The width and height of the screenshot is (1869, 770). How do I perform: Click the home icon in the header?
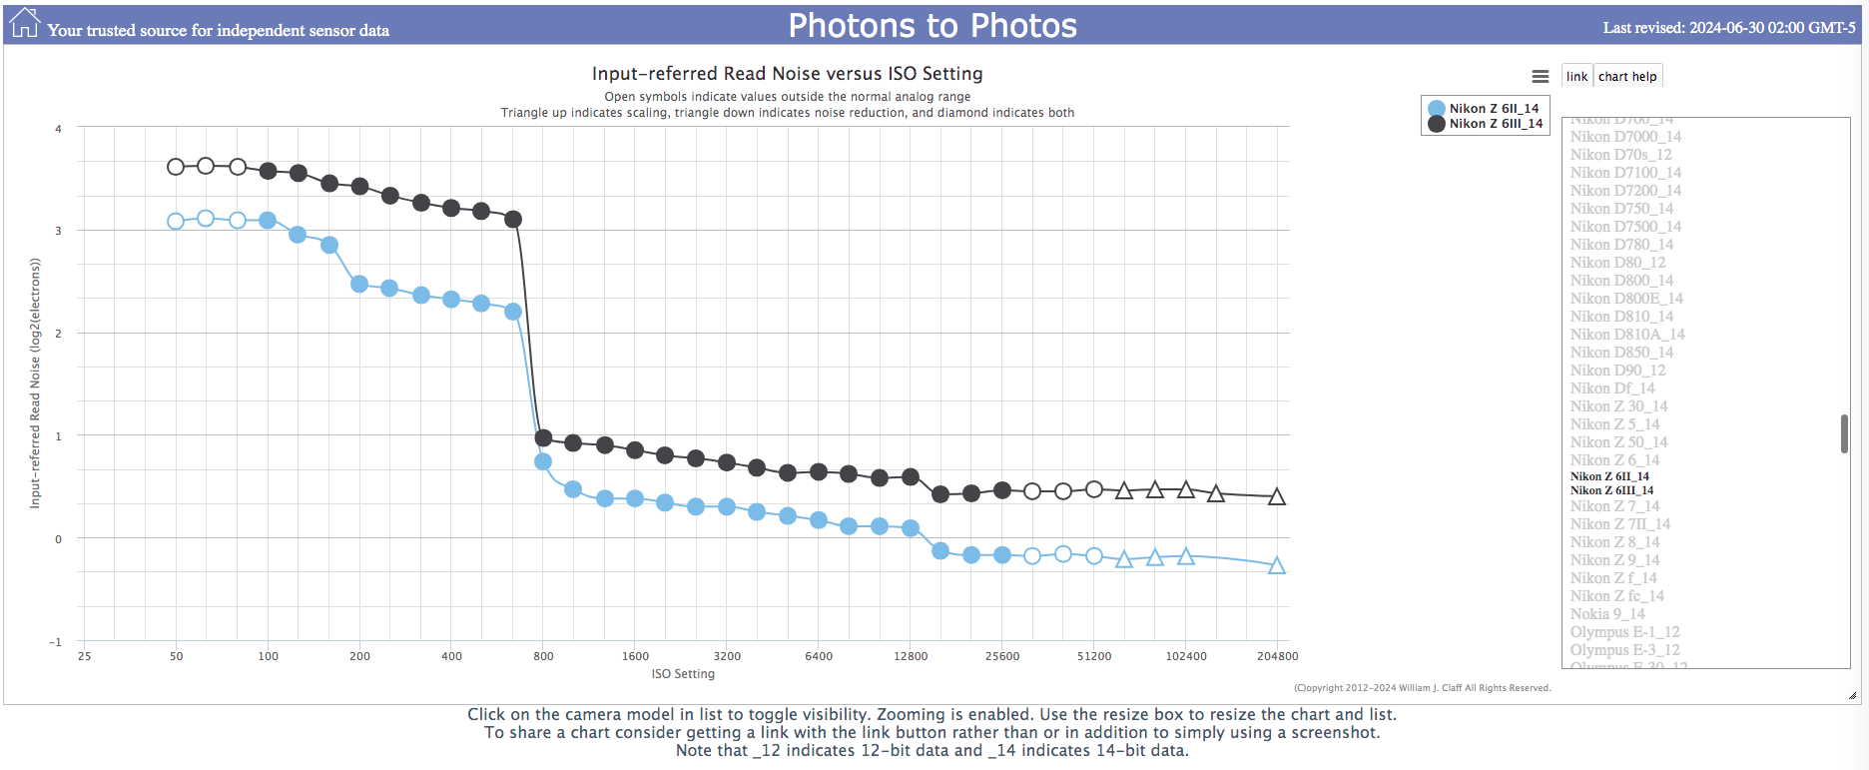click(24, 23)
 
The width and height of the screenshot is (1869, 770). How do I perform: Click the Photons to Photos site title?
click(933, 26)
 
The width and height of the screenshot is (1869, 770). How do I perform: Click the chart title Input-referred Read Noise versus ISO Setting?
click(787, 74)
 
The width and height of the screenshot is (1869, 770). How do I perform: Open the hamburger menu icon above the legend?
click(1540, 77)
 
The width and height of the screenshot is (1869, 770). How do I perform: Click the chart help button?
click(1626, 77)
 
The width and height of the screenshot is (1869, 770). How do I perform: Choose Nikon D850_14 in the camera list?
click(1620, 353)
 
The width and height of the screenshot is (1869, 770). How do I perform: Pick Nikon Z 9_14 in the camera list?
click(1613, 560)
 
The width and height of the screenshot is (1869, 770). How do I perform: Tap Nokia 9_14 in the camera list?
click(1606, 614)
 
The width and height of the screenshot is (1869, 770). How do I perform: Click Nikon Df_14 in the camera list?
click(1611, 388)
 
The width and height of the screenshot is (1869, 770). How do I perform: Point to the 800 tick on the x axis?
click(543, 656)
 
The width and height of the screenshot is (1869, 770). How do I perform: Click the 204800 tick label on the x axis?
click(1277, 656)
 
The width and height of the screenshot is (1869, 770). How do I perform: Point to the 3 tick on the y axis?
click(58, 231)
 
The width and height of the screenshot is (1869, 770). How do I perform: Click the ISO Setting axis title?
click(683, 674)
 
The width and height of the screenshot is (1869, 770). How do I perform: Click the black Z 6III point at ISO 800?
click(543, 437)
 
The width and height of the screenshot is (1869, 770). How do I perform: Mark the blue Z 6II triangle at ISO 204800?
click(1276, 566)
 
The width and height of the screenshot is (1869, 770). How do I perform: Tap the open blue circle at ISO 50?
click(176, 221)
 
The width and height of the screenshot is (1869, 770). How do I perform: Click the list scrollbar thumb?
click(1843, 433)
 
